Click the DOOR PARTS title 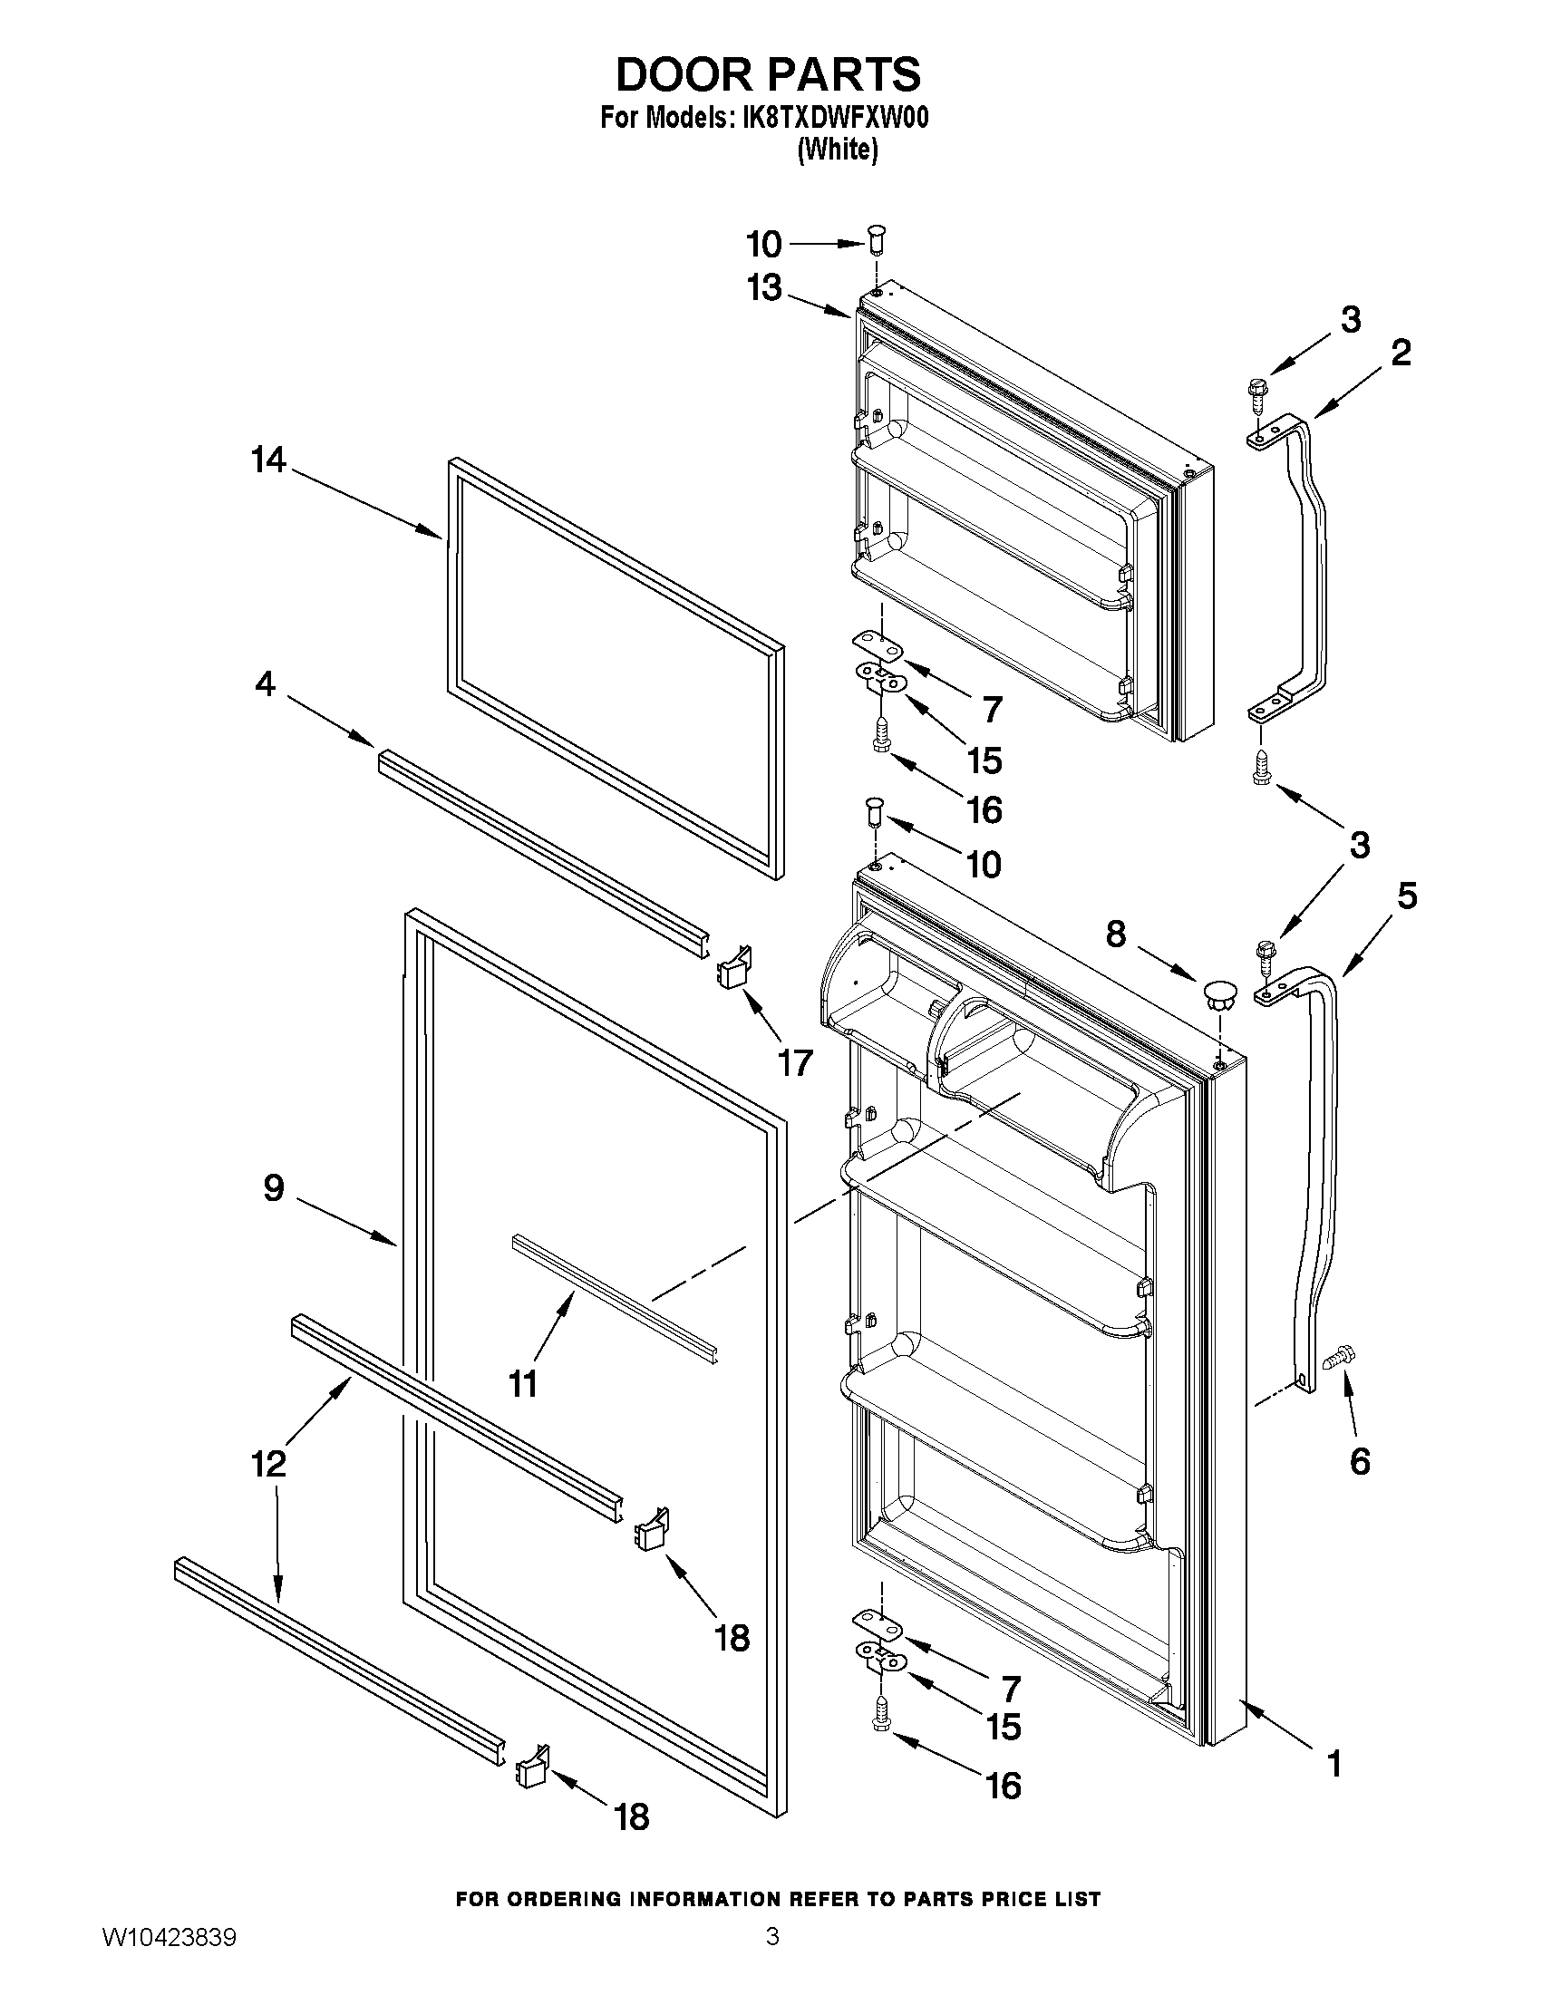(x=768, y=75)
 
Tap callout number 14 (x=268, y=460)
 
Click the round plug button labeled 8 (x=1217, y=992)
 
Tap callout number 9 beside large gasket (x=274, y=1187)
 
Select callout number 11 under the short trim (x=522, y=1384)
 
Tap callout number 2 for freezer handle (x=1401, y=353)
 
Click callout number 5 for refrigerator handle (x=1407, y=896)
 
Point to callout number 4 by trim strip (x=265, y=683)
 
